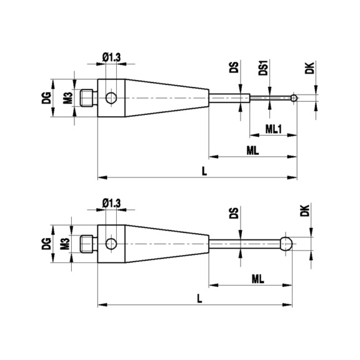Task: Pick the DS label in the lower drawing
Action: tap(234, 213)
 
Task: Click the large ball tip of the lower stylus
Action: tap(286, 242)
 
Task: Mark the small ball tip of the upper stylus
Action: tap(294, 97)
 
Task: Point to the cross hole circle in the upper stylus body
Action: tap(111, 97)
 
